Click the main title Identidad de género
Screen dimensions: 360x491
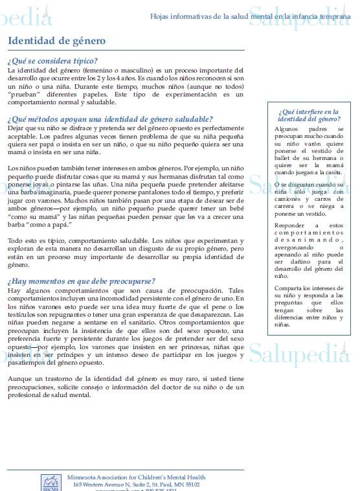click(56, 41)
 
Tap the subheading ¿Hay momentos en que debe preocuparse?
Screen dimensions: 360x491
click(82, 282)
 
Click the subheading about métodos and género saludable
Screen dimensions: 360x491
click(110, 119)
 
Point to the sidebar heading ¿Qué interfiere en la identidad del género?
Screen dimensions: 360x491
click(308, 115)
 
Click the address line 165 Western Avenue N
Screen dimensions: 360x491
click(136, 485)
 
